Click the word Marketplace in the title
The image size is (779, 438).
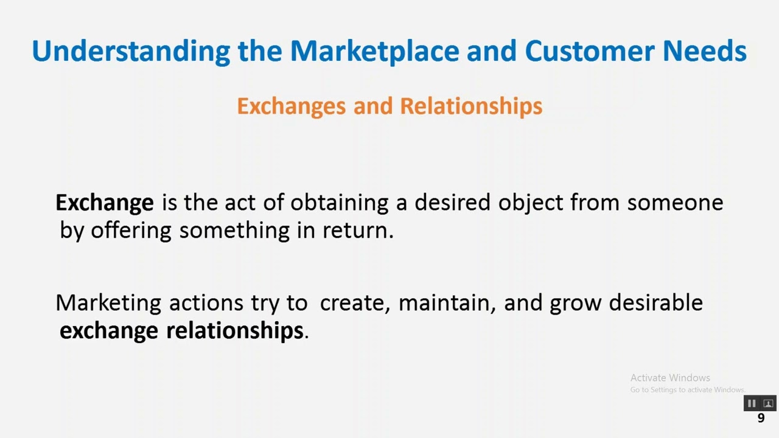point(374,51)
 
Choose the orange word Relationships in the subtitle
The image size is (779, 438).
point(471,106)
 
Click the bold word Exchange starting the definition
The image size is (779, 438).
point(104,203)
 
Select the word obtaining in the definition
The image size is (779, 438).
point(339,203)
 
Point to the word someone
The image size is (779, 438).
point(675,203)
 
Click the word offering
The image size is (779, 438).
point(131,231)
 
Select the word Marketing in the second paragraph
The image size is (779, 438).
point(108,303)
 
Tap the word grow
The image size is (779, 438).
point(575,303)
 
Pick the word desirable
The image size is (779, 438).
point(655,303)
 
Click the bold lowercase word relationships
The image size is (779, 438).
point(234,330)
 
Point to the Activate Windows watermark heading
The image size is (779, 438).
point(670,378)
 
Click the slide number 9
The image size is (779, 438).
point(761,418)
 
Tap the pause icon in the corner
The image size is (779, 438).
point(752,403)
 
